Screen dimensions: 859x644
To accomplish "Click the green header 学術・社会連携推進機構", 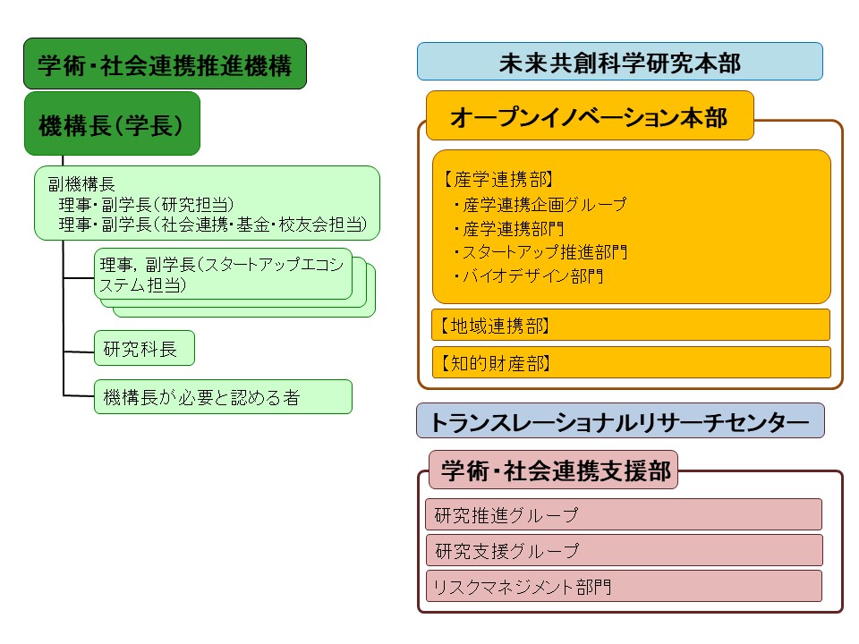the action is tap(165, 64).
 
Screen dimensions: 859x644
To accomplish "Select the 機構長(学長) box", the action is tap(113, 123).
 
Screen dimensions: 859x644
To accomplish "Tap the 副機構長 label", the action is tap(81, 184).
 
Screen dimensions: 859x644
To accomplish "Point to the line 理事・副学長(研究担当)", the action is tap(146, 204).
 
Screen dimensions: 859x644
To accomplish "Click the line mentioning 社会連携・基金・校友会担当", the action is tap(213, 224).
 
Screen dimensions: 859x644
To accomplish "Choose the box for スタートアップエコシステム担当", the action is tap(223, 274).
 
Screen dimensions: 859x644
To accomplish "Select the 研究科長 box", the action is tap(144, 348).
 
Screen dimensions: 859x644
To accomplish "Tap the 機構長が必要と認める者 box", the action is tap(223, 396).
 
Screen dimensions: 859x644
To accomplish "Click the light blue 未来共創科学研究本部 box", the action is tap(619, 62).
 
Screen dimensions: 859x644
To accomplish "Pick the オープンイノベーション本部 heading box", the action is tap(590, 115).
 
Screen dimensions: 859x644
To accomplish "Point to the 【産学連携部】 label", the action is tap(498, 179).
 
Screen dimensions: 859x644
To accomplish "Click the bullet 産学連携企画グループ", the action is tap(540, 204).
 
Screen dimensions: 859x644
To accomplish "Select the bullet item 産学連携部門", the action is tap(509, 228).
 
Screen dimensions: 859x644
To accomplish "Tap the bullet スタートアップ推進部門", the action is tap(540, 252).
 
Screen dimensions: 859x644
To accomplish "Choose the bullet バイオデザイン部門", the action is tap(529, 276).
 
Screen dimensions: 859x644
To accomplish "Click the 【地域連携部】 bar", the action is tap(631, 326).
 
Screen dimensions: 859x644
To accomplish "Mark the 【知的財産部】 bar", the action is tap(631, 362).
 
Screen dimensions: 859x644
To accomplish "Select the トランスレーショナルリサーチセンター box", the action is tap(620, 420).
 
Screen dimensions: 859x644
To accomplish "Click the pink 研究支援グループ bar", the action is tap(624, 550).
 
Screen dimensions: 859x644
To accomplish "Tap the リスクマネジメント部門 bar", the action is tap(624, 586).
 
